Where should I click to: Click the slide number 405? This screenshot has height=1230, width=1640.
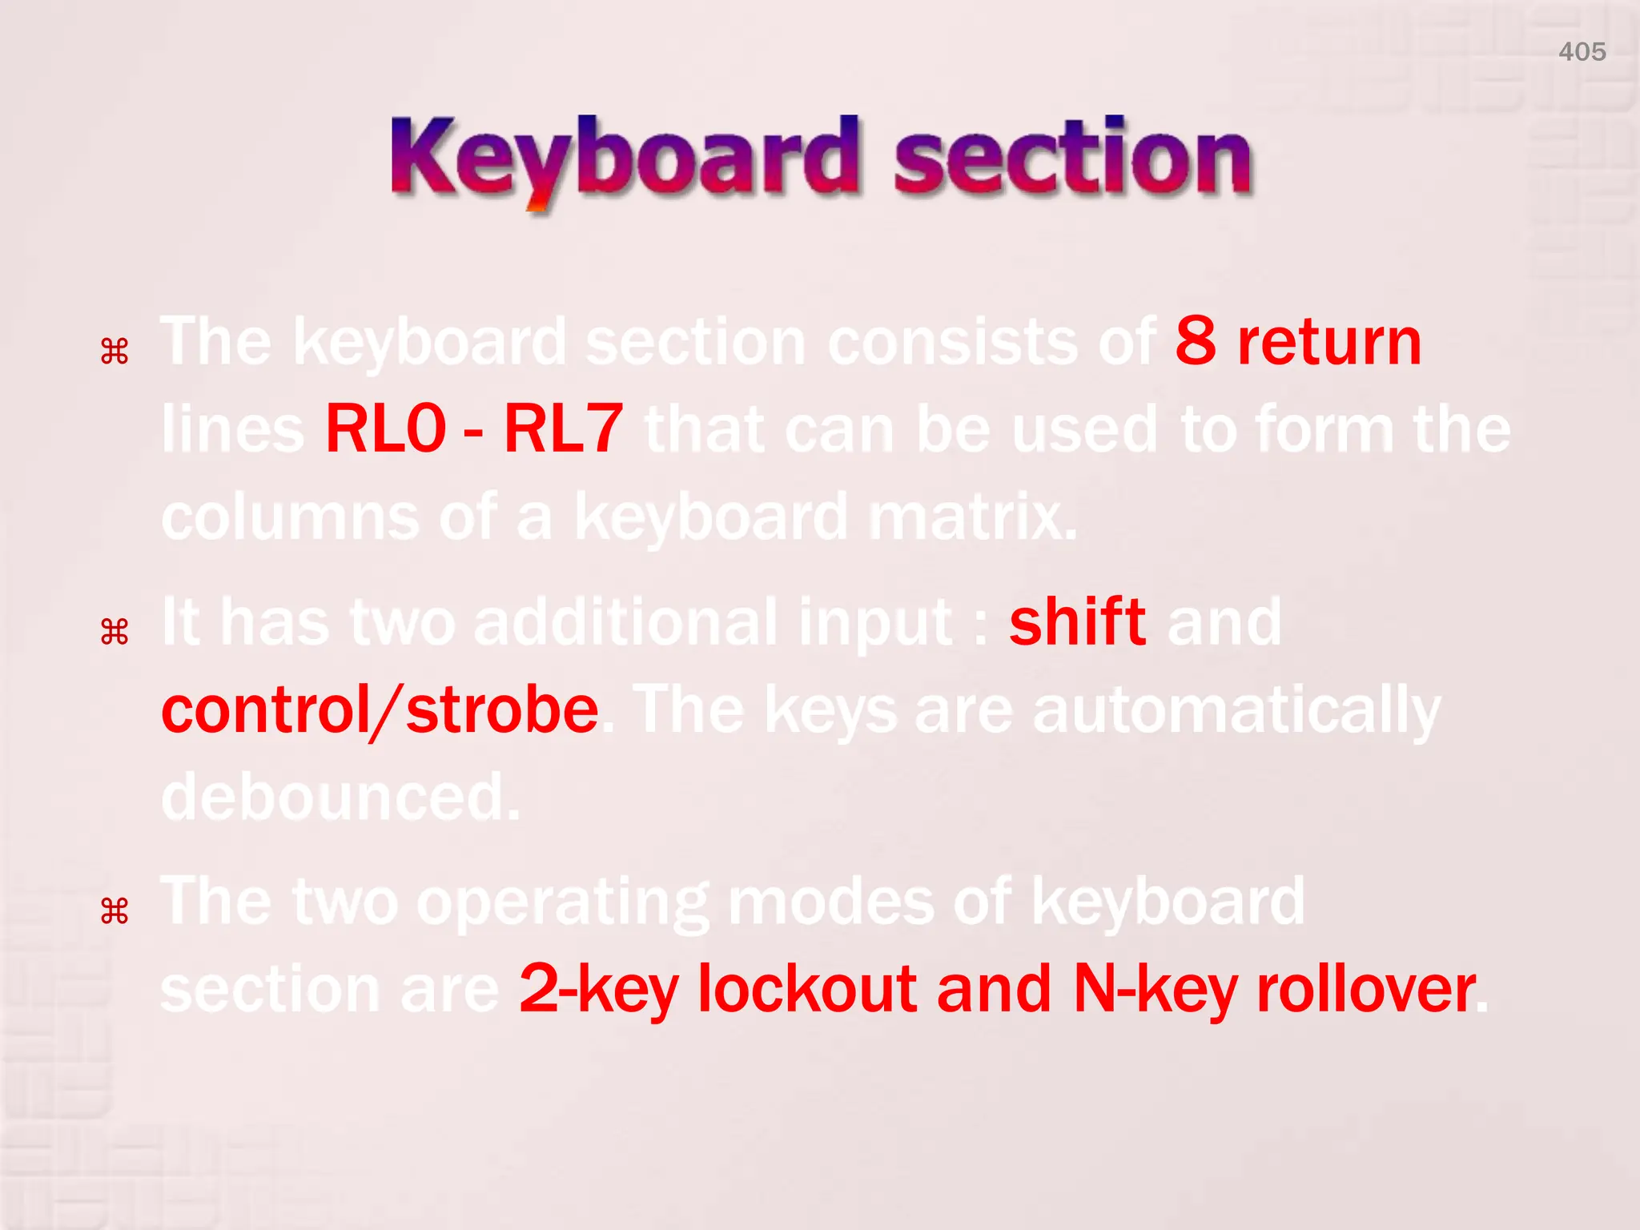[1582, 52]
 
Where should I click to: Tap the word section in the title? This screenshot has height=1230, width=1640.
[1072, 159]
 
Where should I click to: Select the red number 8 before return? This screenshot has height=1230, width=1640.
[1196, 342]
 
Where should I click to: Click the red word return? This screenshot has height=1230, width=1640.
[1329, 343]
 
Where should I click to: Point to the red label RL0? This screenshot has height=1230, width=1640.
[385, 429]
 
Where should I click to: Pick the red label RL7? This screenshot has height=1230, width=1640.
[563, 429]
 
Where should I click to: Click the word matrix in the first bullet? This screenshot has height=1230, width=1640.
[972, 517]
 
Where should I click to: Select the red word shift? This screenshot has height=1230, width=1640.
[1077, 622]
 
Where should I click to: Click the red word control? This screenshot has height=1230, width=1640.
[265, 710]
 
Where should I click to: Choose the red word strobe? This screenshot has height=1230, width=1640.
[502, 710]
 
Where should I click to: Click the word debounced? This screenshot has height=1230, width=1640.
[341, 798]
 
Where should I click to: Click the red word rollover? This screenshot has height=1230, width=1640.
[1365, 990]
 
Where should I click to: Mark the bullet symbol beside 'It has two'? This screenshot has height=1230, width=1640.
[115, 633]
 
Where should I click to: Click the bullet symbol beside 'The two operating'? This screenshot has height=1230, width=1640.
[115, 911]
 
